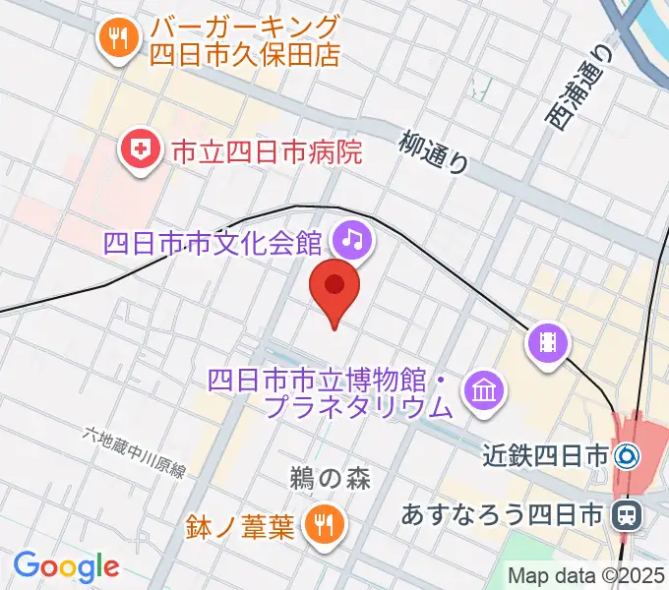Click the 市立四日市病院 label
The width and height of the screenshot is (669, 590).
tap(266, 151)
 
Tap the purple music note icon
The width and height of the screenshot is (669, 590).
tap(351, 239)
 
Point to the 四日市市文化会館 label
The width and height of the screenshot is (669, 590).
tap(218, 240)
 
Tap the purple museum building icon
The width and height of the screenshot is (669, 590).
tap(483, 390)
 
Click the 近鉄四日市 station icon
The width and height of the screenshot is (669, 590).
tap(626, 456)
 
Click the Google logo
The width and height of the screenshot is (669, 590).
tap(66, 565)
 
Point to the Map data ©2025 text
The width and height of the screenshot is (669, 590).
tap(587, 575)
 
